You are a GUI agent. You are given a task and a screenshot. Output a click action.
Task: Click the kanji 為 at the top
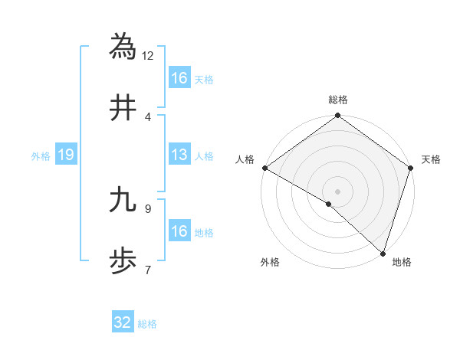[123, 47]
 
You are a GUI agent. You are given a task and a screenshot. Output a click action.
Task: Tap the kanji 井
[123, 108]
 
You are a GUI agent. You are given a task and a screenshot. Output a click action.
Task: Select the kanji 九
[123, 200]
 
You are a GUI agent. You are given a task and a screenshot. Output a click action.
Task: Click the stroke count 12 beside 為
[148, 55]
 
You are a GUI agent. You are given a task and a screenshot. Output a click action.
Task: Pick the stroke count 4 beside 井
[147, 116]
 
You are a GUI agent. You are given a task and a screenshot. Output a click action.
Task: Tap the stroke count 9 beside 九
[147, 208]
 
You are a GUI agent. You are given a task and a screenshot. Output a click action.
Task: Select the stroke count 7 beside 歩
[147, 270]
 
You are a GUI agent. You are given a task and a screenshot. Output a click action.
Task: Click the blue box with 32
[123, 322]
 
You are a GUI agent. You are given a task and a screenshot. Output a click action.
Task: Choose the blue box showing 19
[66, 155]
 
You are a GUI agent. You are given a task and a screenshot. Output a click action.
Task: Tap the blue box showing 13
[179, 155]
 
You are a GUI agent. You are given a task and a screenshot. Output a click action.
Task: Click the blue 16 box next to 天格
[179, 78]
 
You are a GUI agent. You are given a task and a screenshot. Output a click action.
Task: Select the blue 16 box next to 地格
[179, 231]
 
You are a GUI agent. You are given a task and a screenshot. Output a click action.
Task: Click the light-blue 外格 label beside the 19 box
[41, 156]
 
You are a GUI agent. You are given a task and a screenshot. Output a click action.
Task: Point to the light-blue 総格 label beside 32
[147, 324]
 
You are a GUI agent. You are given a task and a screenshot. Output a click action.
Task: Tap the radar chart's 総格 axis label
[338, 100]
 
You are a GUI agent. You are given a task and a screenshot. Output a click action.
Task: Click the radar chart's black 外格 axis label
[270, 263]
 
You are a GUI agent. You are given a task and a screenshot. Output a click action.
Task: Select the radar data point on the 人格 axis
[264, 168]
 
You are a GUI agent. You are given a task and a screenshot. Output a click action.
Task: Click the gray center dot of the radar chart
[337, 191]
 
